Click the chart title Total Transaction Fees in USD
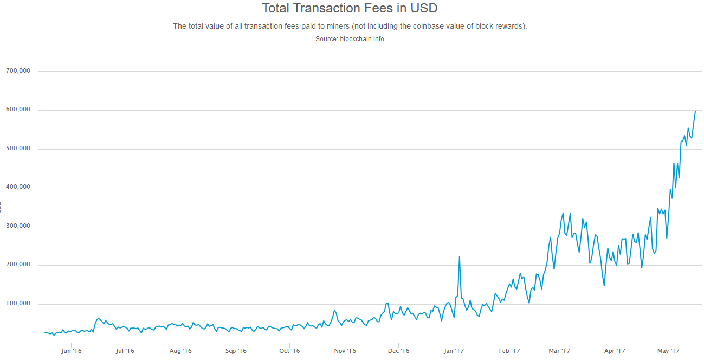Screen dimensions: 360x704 click(x=350, y=9)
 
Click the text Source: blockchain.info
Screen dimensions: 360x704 click(x=350, y=39)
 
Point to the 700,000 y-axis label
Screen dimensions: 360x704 click(x=18, y=71)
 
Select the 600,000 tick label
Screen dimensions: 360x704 click(x=18, y=110)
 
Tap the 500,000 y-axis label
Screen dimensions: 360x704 click(x=18, y=149)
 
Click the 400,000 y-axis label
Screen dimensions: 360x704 click(x=18, y=188)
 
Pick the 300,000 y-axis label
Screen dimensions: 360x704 click(x=18, y=226)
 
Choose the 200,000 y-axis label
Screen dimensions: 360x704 click(x=18, y=265)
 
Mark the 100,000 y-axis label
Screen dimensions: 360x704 click(x=18, y=304)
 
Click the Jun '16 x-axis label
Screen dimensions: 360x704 click(x=72, y=351)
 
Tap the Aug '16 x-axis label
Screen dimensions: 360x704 click(x=180, y=351)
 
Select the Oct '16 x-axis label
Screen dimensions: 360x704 click(x=289, y=351)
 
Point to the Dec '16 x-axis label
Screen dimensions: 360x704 click(x=398, y=351)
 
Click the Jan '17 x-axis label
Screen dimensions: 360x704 click(x=454, y=351)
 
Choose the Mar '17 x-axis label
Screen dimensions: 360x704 click(x=559, y=351)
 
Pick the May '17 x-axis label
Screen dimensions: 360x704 click(x=668, y=351)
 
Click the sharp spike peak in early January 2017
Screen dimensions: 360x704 click(x=460, y=257)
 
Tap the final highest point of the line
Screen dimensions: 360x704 click(x=695, y=111)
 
